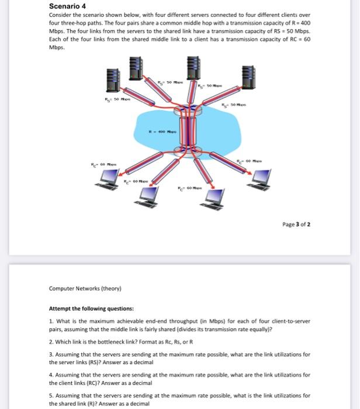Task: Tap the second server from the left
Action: point(136,68)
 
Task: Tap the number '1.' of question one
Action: point(51,321)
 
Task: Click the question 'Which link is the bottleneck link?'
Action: point(102,342)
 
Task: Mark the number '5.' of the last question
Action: point(51,396)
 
